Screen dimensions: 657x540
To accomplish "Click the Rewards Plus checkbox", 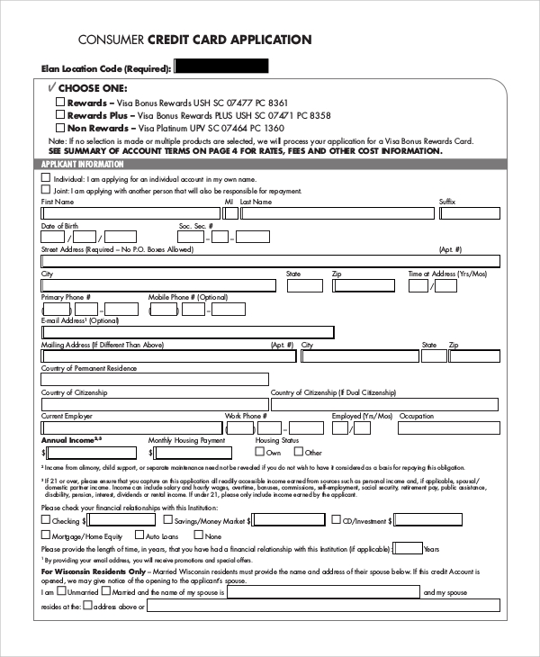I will [60, 116].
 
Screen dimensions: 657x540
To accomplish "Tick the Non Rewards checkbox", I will [60, 129].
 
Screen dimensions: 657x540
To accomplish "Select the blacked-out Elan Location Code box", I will [220, 66].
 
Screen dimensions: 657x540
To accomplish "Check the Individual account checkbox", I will [46, 177].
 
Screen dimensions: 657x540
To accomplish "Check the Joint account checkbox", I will [46, 190].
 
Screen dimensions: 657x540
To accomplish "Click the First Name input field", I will [130, 213].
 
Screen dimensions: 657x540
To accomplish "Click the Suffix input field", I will [468, 213].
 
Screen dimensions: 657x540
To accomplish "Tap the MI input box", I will [229, 213].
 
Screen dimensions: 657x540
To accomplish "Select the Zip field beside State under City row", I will [364, 285].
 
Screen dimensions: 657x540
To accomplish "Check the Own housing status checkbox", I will [260, 453].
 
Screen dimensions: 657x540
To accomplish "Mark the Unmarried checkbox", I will [61, 592].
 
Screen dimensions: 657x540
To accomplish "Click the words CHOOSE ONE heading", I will [94, 88].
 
